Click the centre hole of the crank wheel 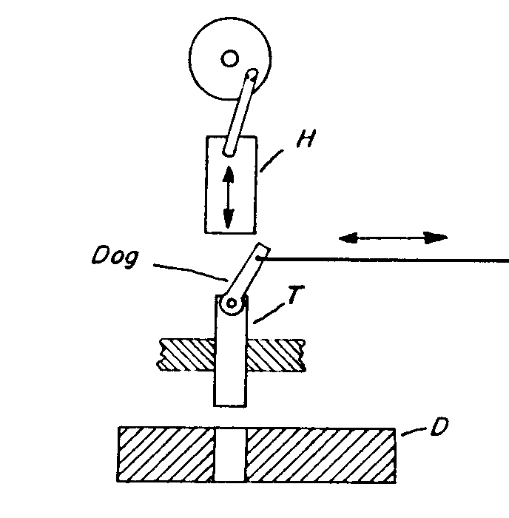pyautogui.click(x=229, y=57)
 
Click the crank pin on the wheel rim pyautogui.click(x=252, y=74)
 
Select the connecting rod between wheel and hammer pyautogui.click(x=242, y=111)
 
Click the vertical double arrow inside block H pyautogui.click(x=228, y=197)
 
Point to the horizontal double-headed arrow pyautogui.click(x=393, y=237)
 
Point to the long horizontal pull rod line pyautogui.click(x=385, y=260)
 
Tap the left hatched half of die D pyautogui.click(x=167, y=453)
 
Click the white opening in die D pyautogui.click(x=232, y=453)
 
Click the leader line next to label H pyautogui.click(x=272, y=159)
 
